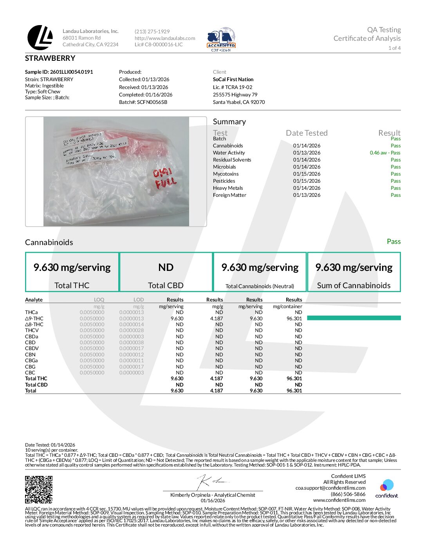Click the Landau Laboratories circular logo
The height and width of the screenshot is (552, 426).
pyautogui.click(x=40, y=38)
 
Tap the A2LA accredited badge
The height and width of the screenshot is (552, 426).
pyautogui.click(x=221, y=39)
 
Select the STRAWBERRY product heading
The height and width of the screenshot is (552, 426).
pyautogui.click(x=50, y=58)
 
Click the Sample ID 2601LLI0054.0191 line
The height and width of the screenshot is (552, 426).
pyautogui.click(x=59, y=72)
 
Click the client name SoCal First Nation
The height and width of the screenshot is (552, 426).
pyautogui.click(x=233, y=80)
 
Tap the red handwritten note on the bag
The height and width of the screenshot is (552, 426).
pyautogui.click(x=165, y=178)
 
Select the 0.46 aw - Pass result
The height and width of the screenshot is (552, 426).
pyautogui.click(x=385, y=153)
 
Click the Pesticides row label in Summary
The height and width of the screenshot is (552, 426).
pyautogui.click(x=224, y=181)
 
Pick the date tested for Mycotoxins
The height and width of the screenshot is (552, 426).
pyautogui.click(x=307, y=174)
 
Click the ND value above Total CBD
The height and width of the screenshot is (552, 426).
pyautogui.click(x=166, y=267)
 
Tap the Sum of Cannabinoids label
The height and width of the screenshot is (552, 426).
pyautogui.click(x=354, y=286)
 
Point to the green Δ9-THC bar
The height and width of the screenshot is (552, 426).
pyautogui.click(x=354, y=318)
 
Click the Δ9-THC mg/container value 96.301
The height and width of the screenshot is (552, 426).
pyautogui.click(x=294, y=319)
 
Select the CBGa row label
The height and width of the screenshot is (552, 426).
pyautogui.click(x=31, y=361)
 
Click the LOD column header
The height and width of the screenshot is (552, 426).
pyautogui.click(x=139, y=300)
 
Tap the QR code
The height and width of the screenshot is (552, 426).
pyautogui.click(x=39, y=489)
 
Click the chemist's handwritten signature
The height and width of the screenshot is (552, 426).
pyautogui.click(x=212, y=481)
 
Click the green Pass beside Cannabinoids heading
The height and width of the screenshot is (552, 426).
pyautogui.click(x=394, y=241)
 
